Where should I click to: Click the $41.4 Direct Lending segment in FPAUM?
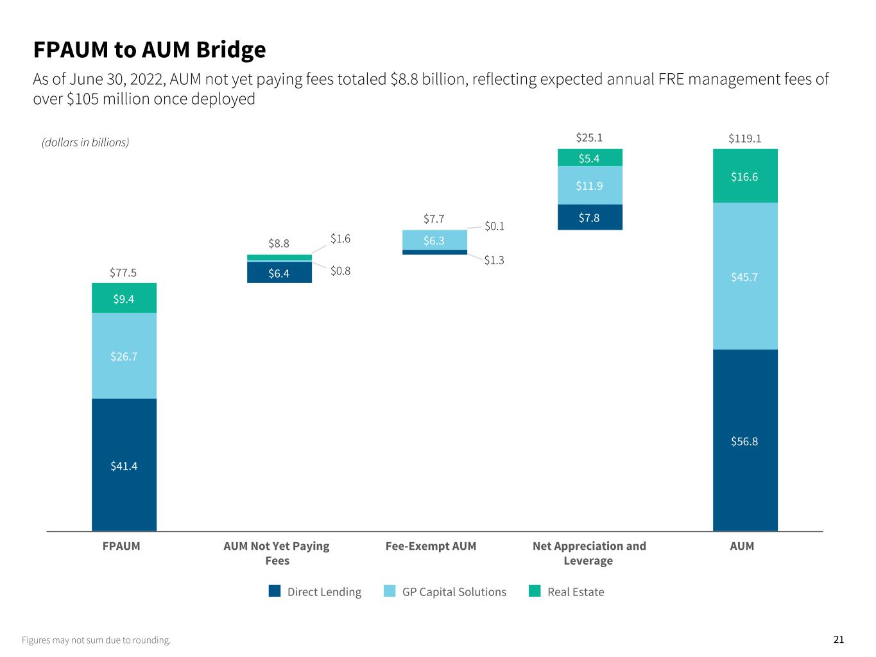pos(124,465)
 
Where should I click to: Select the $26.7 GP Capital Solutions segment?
pos(124,356)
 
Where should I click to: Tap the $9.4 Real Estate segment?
pos(124,298)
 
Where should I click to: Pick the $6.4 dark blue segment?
pos(279,273)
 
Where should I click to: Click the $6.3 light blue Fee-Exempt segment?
pos(434,240)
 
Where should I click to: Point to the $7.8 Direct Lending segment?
pos(590,218)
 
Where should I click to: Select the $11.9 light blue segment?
pos(590,185)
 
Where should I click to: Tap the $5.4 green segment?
pos(590,158)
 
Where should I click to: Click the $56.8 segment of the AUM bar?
pos(745,441)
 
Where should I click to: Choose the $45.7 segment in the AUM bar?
pos(745,277)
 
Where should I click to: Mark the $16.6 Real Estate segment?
pos(745,176)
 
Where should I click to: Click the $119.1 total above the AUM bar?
pos(745,138)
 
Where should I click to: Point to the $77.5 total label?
pos(123,273)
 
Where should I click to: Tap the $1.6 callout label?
pos(341,239)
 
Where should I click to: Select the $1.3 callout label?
pos(494,260)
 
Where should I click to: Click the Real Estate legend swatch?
pos(535,592)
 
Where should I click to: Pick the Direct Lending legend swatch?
pos(275,592)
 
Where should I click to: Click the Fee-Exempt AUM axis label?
pos(431,546)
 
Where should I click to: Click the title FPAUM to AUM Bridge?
pos(150,49)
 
